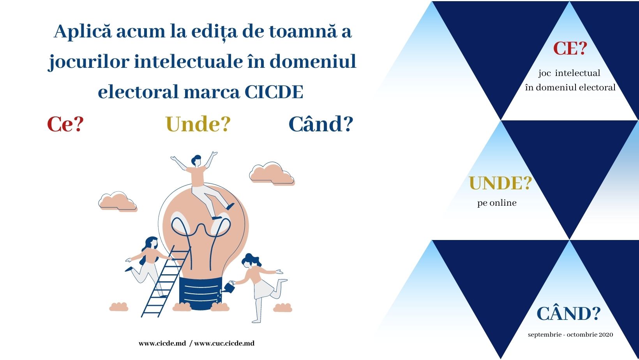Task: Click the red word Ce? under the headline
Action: coord(65,124)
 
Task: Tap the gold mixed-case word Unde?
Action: coord(198,124)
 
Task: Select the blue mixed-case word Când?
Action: coord(321,124)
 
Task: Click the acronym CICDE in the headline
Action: coord(274,92)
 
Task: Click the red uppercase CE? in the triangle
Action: coord(570,48)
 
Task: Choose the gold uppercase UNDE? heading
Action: coord(500,183)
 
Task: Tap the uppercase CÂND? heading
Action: coord(568,313)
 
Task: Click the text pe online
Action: coord(497,203)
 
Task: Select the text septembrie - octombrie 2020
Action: coord(570,335)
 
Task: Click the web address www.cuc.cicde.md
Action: coord(224,343)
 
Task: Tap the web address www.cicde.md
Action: coord(162,343)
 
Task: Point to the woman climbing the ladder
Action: coord(148,263)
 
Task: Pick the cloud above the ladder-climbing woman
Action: coord(118,201)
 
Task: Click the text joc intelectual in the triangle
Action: coord(569,73)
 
